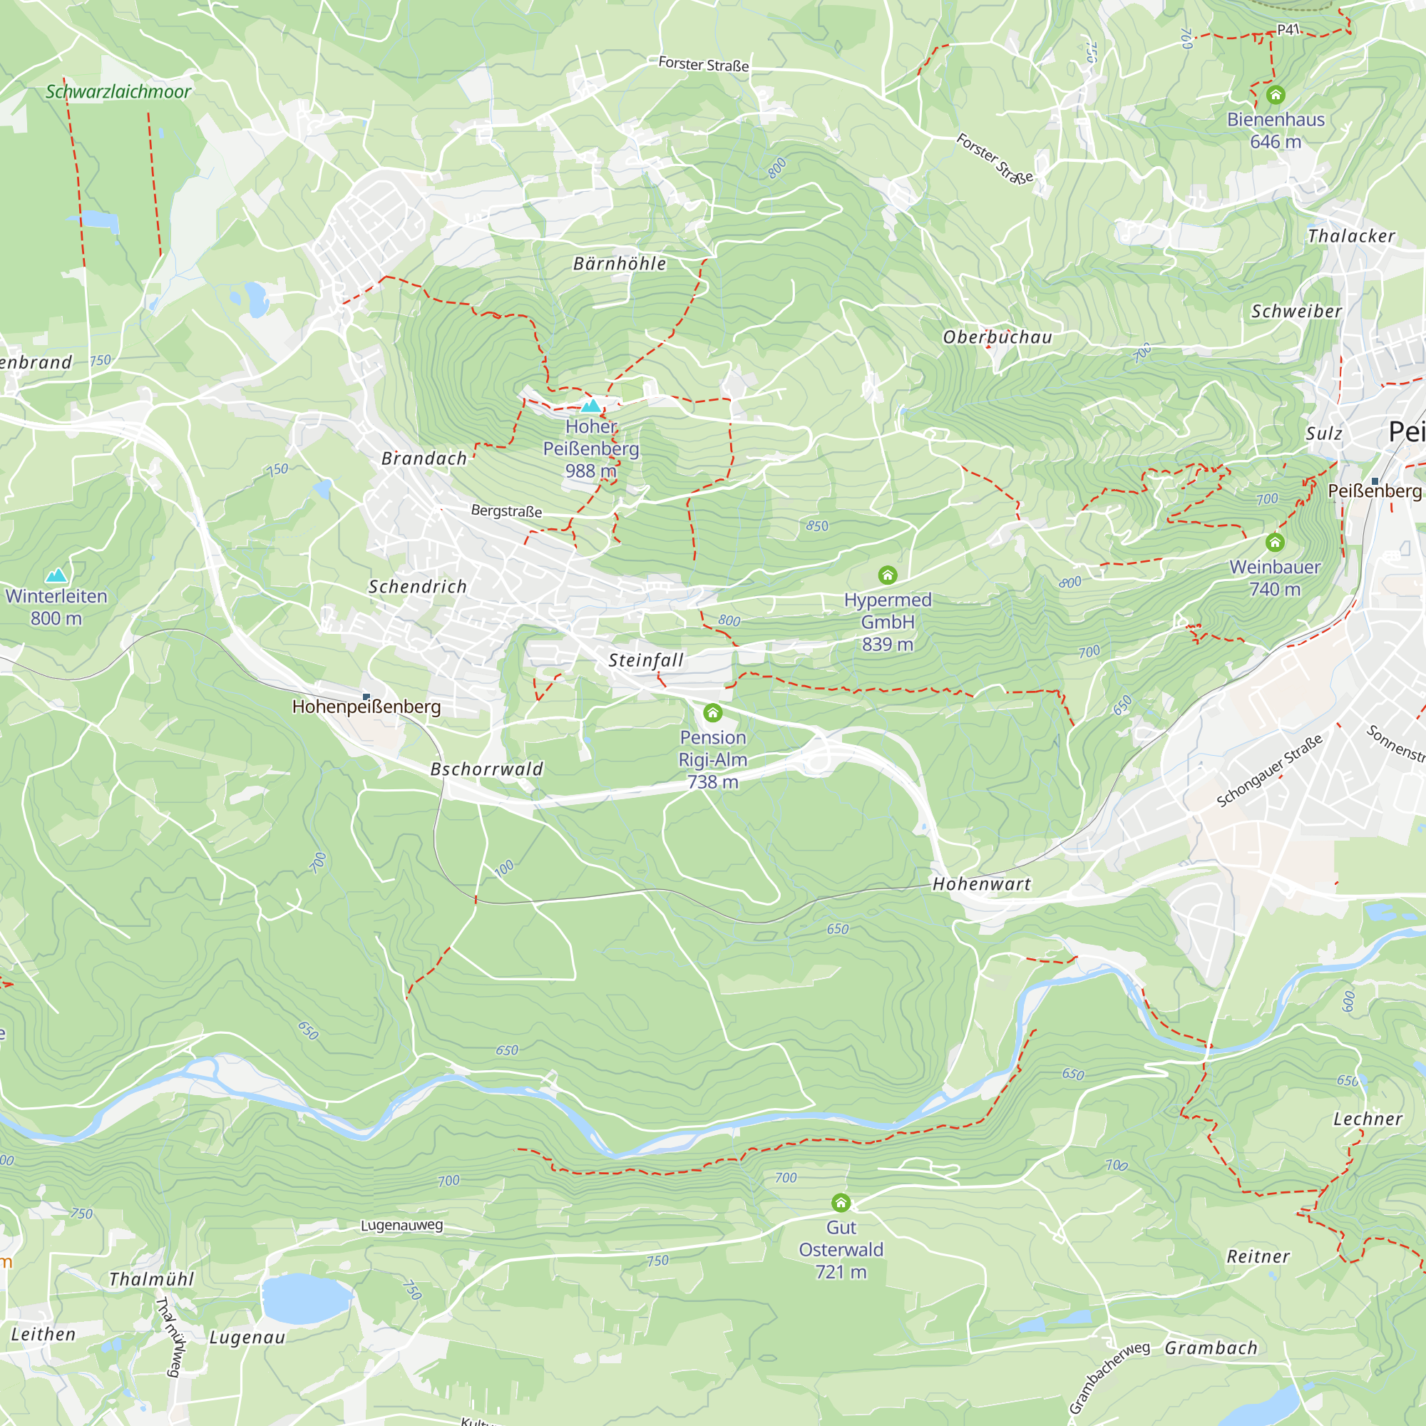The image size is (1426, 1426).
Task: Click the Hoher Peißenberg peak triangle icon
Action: click(x=590, y=405)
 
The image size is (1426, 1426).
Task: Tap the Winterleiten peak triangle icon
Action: click(x=56, y=575)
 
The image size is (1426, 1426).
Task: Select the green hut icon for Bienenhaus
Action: click(x=1276, y=95)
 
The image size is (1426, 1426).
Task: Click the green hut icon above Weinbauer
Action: click(x=1275, y=543)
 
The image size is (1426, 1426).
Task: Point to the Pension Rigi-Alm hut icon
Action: click(x=712, y=712)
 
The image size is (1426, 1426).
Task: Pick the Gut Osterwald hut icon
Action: click(x=841, y=1203)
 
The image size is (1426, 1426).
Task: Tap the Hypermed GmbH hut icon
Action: click(x=887, y=575)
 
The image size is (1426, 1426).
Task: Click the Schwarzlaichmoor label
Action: click(x=118, y=91)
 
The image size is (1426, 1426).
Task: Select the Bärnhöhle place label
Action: click(x=620, y=264)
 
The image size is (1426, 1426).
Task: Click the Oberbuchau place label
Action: click(x=997, y=337)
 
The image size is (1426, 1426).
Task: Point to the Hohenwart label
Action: click(x=981, y=883)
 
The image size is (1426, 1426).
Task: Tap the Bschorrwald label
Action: click(x=486, y=769)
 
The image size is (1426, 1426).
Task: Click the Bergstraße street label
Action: click(x=506, y=511)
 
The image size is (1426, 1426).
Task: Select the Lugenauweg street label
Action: click(x=401, y=1225)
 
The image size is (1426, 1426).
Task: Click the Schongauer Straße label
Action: click(x=1269, y=771)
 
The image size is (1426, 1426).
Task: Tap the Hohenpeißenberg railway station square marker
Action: click(x=366, y=697)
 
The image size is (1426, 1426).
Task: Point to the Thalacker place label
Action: click(x=1350, y=236)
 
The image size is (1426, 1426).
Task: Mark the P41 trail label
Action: click(x=1288, y=29)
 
